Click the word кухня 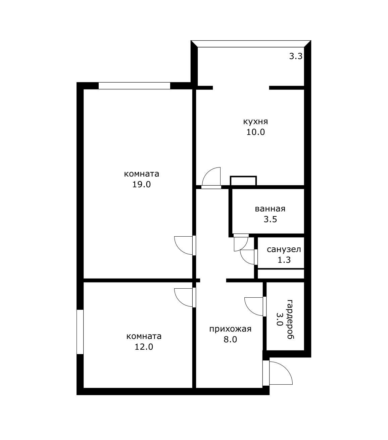[255, 121]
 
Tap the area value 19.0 [141, 184]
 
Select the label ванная [270, 209]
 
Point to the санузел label [284, 249]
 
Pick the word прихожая [230, 329]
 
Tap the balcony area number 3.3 [296, 56]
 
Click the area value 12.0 [144, 347]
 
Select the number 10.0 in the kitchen [255, 132]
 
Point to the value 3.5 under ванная [270, 219]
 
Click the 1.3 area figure [284, 260]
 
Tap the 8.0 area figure [230, 339]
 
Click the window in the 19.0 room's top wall [134, 86]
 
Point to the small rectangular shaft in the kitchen [243, 181]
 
